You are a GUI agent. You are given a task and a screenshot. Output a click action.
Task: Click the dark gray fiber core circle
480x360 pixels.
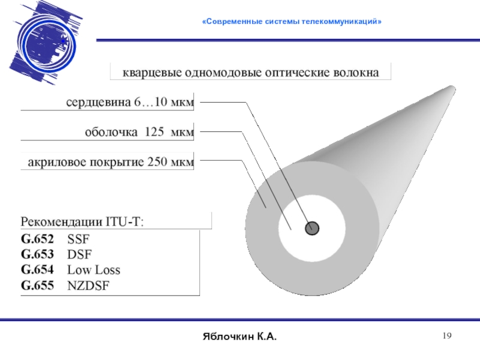[312, 228]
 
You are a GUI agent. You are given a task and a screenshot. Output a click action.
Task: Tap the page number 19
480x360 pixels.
[446, 337]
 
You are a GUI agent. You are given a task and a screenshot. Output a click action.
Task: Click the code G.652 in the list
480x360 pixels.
[37, 238]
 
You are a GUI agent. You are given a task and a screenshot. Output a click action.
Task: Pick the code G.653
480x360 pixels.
[37, 254]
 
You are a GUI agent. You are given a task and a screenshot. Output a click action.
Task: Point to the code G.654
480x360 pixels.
[37, 269]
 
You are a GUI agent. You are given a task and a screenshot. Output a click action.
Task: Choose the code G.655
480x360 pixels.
[37, 285]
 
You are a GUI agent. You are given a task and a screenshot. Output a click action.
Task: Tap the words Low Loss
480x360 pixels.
[94, 269]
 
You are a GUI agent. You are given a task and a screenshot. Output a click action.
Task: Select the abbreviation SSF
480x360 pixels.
[78, 238]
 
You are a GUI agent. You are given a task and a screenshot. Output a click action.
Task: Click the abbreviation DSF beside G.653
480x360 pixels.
[79, 254]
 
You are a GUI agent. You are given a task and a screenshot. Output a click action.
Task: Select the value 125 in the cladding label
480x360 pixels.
[154, 132]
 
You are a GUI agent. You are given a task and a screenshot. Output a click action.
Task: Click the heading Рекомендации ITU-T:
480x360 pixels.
[83, 221]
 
